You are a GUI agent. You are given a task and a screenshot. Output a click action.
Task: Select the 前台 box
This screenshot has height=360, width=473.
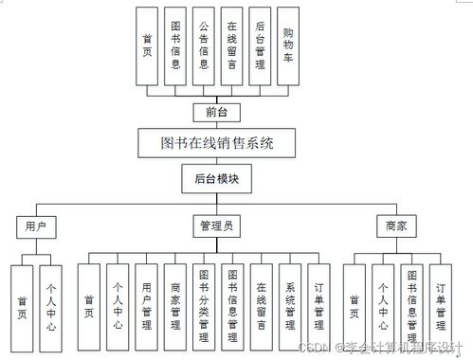pos(217,111)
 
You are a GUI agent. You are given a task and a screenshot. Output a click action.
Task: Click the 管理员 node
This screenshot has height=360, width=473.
pos(217,226)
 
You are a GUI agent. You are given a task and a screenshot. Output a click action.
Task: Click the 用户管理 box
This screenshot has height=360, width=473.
pos(145,304)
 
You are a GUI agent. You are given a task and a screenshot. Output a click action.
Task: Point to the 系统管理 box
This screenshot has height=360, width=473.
pos(290,304)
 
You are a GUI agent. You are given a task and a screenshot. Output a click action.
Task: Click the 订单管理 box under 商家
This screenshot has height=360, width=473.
pos(439,304)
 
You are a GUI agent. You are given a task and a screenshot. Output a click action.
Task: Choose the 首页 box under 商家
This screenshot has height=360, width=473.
pos(353,304)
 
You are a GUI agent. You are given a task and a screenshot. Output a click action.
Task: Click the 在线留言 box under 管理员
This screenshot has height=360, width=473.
pos(261,304)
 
